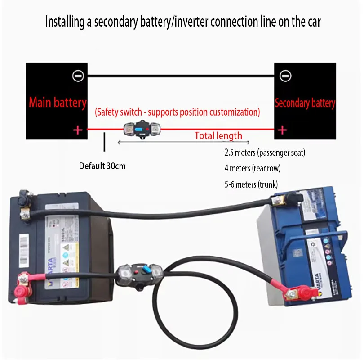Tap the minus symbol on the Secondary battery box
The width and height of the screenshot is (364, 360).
coord(285,76)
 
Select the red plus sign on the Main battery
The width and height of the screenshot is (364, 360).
coord(78,130)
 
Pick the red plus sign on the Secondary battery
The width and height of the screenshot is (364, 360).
coord(282,130)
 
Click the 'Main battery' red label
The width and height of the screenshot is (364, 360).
coord(58,103)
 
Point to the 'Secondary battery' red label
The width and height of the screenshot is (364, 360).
coord(305,103)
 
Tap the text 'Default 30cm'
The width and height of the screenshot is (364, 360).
coord(102,166)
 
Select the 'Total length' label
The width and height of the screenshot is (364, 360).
coord(218,136)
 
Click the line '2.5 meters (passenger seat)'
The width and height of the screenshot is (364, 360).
coord(265,153)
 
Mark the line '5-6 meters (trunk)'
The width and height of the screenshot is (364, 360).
coord(251,184)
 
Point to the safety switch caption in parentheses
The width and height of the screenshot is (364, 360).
coord(177,112)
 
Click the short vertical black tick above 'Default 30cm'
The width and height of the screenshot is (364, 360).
coord(105,142)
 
